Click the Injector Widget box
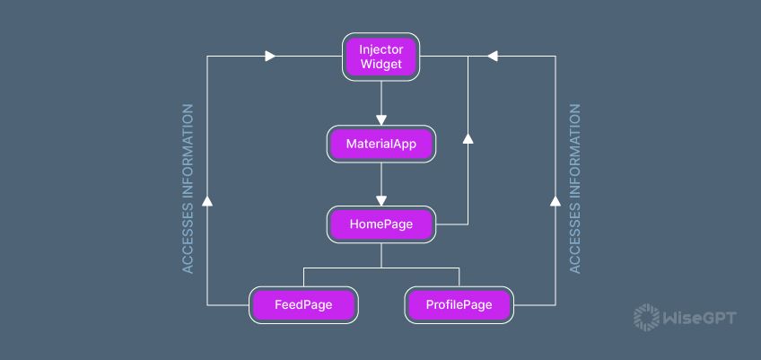(380, 56)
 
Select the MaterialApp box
(380, 143)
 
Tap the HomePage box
(380, 224)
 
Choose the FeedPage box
(303, 305)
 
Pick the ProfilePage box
(459, 305)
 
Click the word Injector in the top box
(381, 48)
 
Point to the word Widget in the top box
(381, 65)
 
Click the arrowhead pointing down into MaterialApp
(380, 119)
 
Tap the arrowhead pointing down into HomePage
(380, 200)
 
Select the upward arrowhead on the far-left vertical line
(207, 200)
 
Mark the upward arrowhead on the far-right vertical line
(554, 200)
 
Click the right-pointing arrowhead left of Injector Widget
(270, 56)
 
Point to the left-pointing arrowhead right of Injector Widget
(492, 56)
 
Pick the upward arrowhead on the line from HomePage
(467, 137)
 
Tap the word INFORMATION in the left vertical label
(188, 153)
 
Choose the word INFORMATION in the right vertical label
(574, 153)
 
